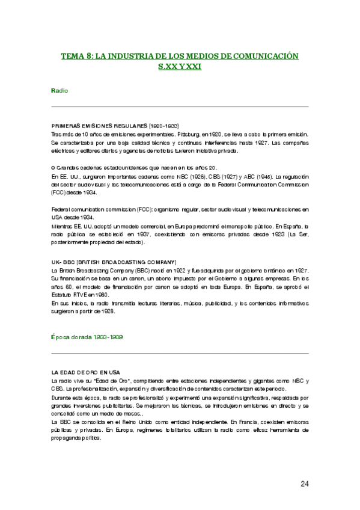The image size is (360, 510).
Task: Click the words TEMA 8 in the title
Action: click(x=76, y=56)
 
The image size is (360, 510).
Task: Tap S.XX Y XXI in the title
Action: click(x=179, y=67)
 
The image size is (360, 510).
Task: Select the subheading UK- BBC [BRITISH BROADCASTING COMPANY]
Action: click(x=114, y=262)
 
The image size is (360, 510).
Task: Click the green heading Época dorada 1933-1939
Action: click(x=88, y=338)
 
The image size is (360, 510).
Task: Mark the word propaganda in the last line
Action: click(x=67, y=438)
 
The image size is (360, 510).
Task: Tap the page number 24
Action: click(x=304, y=483)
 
